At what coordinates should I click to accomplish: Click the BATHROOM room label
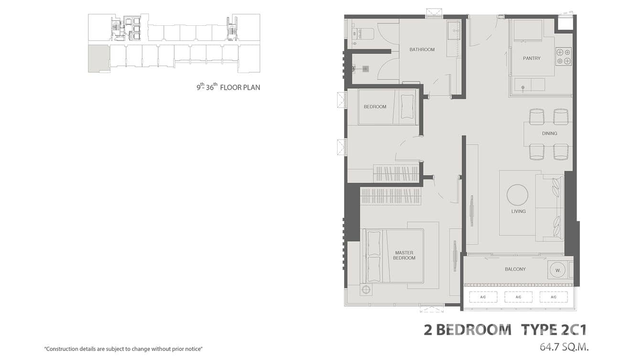point(422,50)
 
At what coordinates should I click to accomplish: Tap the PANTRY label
point(532,58)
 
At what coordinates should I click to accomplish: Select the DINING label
point(549,134)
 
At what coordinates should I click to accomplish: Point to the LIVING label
point(518,211)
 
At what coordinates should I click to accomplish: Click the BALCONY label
point(515,269)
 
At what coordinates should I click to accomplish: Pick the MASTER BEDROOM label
point(404,255)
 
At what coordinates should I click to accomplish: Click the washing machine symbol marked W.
point(557,270)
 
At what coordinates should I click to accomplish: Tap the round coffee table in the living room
point(517,195)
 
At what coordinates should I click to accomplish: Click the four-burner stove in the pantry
point(563,56)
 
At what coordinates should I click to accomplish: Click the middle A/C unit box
point(518,297)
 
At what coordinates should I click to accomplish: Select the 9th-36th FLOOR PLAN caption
point(228,87)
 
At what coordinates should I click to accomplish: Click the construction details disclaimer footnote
point(124,349)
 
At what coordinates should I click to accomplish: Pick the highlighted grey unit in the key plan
point(98,59)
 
